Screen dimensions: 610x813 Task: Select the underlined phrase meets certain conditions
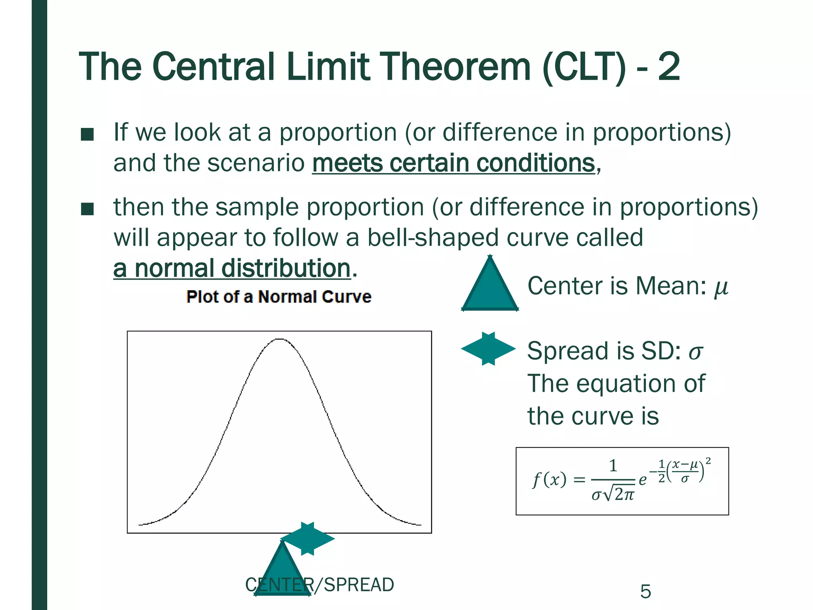point(454,163)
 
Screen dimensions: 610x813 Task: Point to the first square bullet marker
point(87,134)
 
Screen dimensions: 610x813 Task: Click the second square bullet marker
point(87,209)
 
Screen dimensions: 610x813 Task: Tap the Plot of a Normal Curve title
point(279,297)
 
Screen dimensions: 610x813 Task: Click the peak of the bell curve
point(279,340)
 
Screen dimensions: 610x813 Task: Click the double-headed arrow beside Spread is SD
point(488,349)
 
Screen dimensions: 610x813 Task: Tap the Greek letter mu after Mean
point(721,287)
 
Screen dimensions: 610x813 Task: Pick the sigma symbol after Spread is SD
point(695,352)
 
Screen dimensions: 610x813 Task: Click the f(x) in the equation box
point(549,480)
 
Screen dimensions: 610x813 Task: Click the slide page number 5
point(645,592)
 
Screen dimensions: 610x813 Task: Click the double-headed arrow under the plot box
point(308,539)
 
